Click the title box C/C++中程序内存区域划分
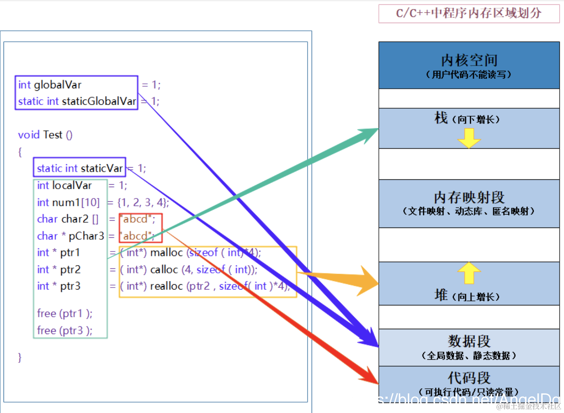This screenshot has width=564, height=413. [x=469, y=13]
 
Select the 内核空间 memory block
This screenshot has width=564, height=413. [x=469, y=65]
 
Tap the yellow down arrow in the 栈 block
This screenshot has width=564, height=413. [x=469, y=138]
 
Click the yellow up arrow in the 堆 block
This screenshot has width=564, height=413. [x=469, y=273]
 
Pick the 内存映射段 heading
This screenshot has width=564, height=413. [x=469, y=198]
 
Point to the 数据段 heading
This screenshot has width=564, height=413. [x=469, y=341]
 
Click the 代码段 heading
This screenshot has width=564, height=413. [x=469, y=377]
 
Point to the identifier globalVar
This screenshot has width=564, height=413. [x=57, y=85]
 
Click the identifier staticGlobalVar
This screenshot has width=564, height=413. [x=99, y=101]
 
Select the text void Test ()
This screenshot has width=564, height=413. [x=45, y=135]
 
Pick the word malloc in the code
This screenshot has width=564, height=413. [x=166, y=253]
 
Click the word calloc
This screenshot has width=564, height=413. [x=164, y=269]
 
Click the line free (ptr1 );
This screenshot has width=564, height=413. [x=64, y=313]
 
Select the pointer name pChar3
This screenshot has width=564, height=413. [x=86, y=236]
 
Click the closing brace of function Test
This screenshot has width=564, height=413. [x=20, y=357]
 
